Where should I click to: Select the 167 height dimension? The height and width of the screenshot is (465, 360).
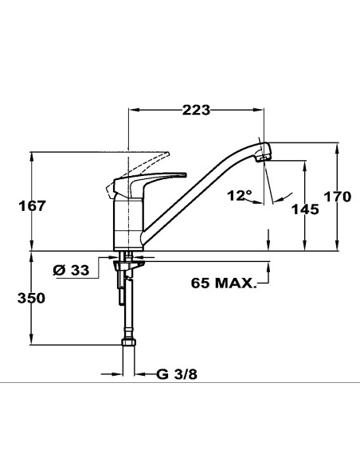pyautogui.click(x=33, y=205)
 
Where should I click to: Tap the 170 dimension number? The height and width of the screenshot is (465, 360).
pyautogui.click(x=337, y=197)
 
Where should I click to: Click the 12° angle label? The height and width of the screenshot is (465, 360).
pyautogui.click(x=239, y=194)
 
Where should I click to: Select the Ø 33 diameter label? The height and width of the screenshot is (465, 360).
pyautogui.click(x=71, y=270)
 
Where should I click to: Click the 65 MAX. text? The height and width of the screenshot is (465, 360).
pyautogui.click(x=224, y=283)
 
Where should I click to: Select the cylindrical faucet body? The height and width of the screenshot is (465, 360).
pyautogui.click(x=127, y=221)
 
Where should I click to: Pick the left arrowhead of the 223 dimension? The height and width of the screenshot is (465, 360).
pyautogui.click(x=132, y=110)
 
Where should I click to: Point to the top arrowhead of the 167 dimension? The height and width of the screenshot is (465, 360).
pyautogui.click(x=33, y=156)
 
